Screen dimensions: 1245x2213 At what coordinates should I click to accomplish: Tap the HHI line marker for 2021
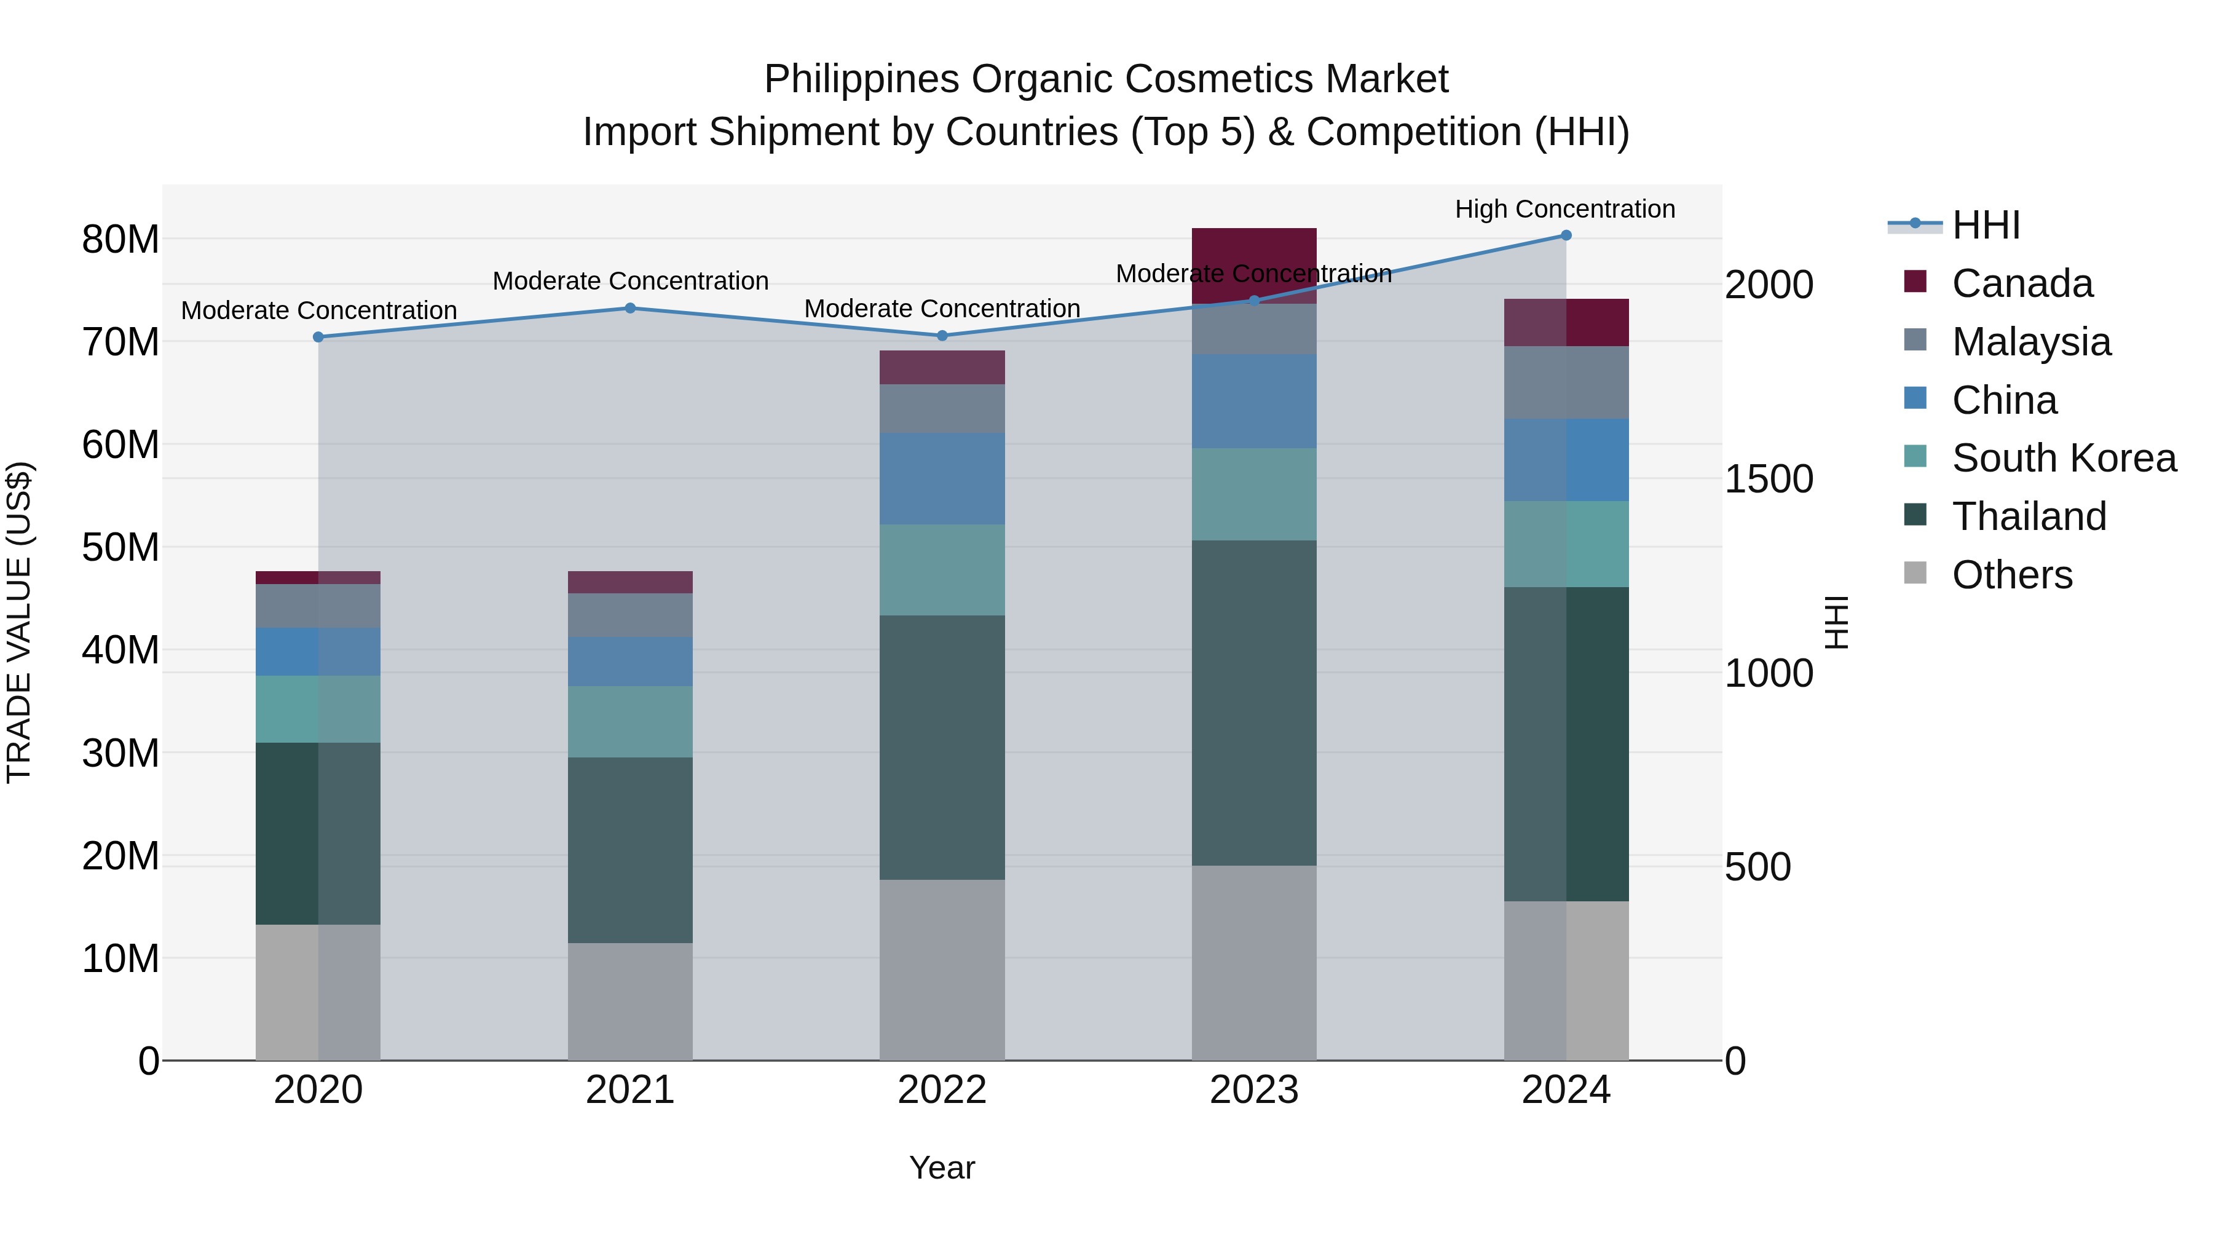tap(629, 309)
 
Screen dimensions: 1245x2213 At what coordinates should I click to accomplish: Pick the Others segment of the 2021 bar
tap(629, 1002)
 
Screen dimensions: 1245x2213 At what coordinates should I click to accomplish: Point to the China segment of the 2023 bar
tap(1253, 401)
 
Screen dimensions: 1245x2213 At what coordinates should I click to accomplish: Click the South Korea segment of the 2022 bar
tap(942, 570)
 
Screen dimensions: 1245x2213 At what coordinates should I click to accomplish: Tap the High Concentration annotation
tap(1564, 209)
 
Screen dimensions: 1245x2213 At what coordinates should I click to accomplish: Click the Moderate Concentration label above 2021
tap(629, 281)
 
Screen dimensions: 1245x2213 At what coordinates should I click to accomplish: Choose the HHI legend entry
tap(1986, 225)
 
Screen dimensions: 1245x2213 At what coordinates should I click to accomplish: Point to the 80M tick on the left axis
tap(120, 240)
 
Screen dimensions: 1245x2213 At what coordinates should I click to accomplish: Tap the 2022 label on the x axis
tap(942, 1090)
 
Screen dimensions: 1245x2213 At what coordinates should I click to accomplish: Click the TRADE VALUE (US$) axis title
tap(19, 622)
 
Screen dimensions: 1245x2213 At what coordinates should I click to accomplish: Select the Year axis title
tap(942, 1168)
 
